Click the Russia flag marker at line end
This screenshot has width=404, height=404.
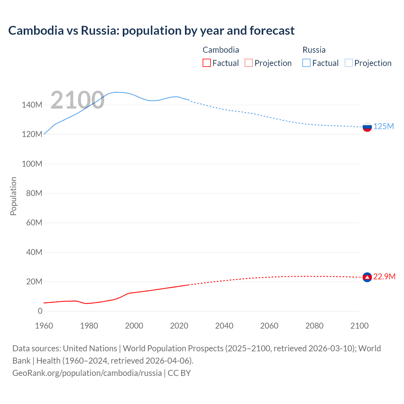367,127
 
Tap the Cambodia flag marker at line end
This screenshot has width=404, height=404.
367,277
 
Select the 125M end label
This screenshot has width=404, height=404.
383,126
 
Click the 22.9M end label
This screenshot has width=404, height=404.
384,276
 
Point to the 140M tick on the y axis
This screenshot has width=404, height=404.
32,105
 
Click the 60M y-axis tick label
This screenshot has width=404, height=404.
34,223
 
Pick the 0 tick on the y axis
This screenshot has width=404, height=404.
40,311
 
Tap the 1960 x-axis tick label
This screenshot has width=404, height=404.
44,326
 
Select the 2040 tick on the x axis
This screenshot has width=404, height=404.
224,326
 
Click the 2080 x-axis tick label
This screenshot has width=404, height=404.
314,326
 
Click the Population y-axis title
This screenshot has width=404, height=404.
13,196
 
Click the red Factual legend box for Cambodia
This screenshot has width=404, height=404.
206,63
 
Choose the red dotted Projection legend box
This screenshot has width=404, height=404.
248,63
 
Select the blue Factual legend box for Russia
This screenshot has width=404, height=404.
306,63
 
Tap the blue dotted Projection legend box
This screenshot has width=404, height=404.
348,63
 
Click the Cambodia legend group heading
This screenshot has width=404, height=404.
221,50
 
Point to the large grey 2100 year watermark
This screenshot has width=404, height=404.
77,100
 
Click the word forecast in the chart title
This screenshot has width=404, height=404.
272,31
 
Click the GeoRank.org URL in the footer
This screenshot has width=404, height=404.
87,373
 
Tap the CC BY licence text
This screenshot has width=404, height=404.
179,373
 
